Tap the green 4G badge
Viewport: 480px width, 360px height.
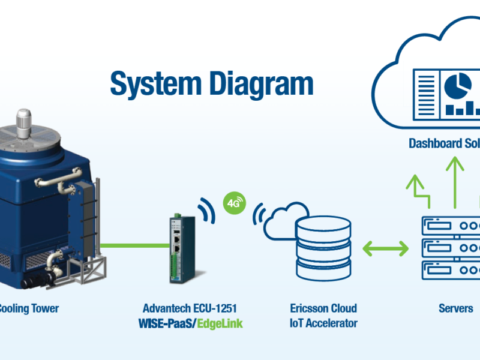click(x=234, y=203)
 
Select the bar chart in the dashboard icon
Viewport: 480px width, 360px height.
click(x=462, y=108)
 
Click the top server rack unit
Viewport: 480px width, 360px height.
click(x=450, y=226)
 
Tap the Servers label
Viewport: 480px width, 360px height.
click(x=455, y=309)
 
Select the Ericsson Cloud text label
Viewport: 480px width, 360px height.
click(x=322, y=309)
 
